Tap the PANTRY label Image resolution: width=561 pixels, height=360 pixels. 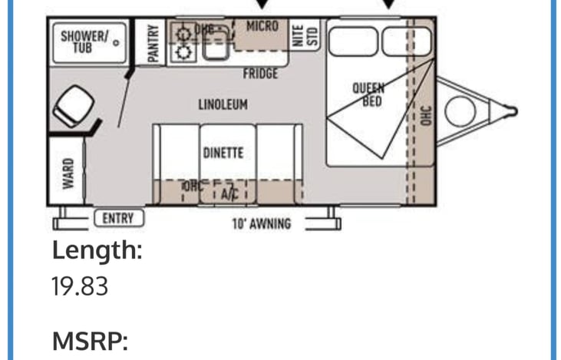click(x=153, y=44)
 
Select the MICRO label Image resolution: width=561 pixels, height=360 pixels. click(x=262, y=26)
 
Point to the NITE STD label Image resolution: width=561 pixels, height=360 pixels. click(x=305, y=36)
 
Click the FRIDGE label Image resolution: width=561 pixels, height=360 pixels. click(x=260, y=74)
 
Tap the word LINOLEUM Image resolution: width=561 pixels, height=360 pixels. click(x=223, y=104)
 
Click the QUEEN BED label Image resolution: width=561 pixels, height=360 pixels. click(x=368, y=94)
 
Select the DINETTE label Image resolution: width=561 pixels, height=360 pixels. click(x=223, y=153)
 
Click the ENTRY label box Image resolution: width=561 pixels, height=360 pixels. click(x=118, y=219)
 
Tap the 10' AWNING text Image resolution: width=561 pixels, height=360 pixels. click(x=261, y=224)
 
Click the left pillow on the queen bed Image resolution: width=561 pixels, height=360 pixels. click(x=354, y=41)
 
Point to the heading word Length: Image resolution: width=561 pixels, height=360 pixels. click(x=97, y=250)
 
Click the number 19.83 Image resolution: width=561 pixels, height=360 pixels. click(x=80, y=286)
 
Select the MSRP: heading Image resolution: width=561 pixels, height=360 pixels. click(x=89, y=340)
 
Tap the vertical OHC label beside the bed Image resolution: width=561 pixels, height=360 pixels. click(x=427, y=115)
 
